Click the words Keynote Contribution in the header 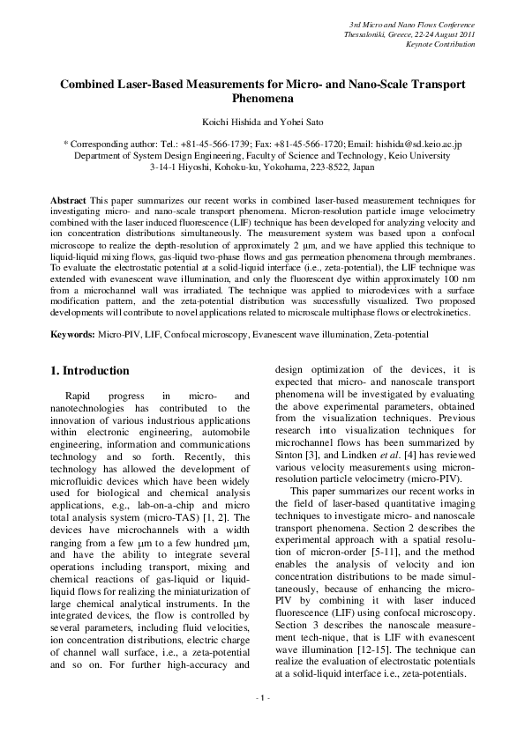click(x=440, y=44)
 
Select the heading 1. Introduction click(x=91, y=371)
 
